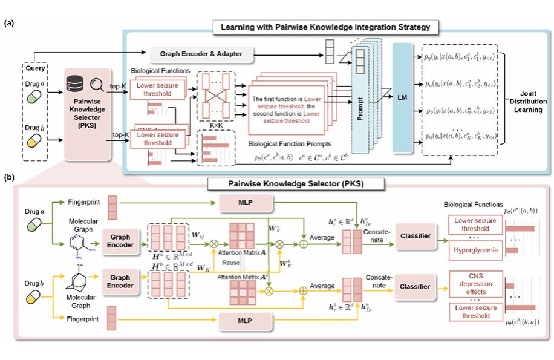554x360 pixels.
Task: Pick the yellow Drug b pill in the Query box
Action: point(34,140)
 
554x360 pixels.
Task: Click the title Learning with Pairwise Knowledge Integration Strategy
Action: point(325,27)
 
